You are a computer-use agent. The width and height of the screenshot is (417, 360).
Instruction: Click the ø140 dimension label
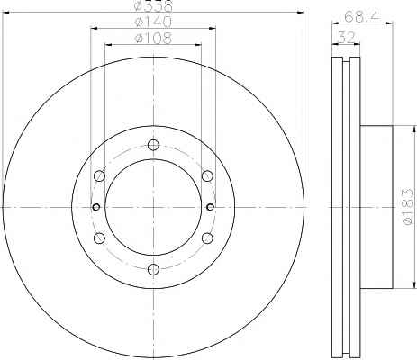153,22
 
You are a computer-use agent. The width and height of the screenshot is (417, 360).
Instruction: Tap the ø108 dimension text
153,39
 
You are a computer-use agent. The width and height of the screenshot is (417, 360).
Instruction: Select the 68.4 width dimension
362,16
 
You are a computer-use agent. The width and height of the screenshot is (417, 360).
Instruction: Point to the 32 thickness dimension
346,38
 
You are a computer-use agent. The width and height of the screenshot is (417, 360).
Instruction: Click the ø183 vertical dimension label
408,206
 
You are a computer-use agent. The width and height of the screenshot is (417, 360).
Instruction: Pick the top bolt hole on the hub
153,145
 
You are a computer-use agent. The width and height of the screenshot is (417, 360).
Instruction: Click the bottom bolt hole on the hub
153,268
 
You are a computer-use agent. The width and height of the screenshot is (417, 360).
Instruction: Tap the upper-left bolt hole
99,175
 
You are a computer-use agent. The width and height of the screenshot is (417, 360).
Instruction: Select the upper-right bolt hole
207,175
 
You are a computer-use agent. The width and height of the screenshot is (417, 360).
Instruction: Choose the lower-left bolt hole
99,238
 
